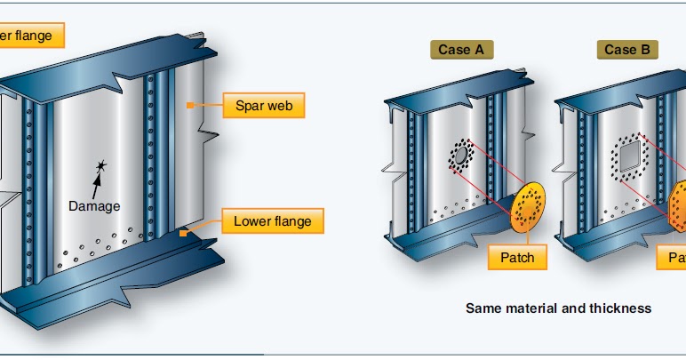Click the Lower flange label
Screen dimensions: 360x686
(x=272, y=220)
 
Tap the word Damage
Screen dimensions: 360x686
(x=93, y=205)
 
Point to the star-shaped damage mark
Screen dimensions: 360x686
(x=101, y=165)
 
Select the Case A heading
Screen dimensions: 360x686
(x=460, y=50)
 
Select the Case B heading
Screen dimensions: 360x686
(x=620, y=50)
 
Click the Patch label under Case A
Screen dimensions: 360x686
(x=517, y=257)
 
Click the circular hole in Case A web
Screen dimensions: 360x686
(x=460, y=156)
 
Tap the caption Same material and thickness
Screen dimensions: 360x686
(x=558, y=308)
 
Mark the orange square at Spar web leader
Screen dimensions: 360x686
(x=189, y=106)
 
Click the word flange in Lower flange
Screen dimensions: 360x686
(x=291, y=220)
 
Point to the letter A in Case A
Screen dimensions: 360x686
(x=478, y=50)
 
